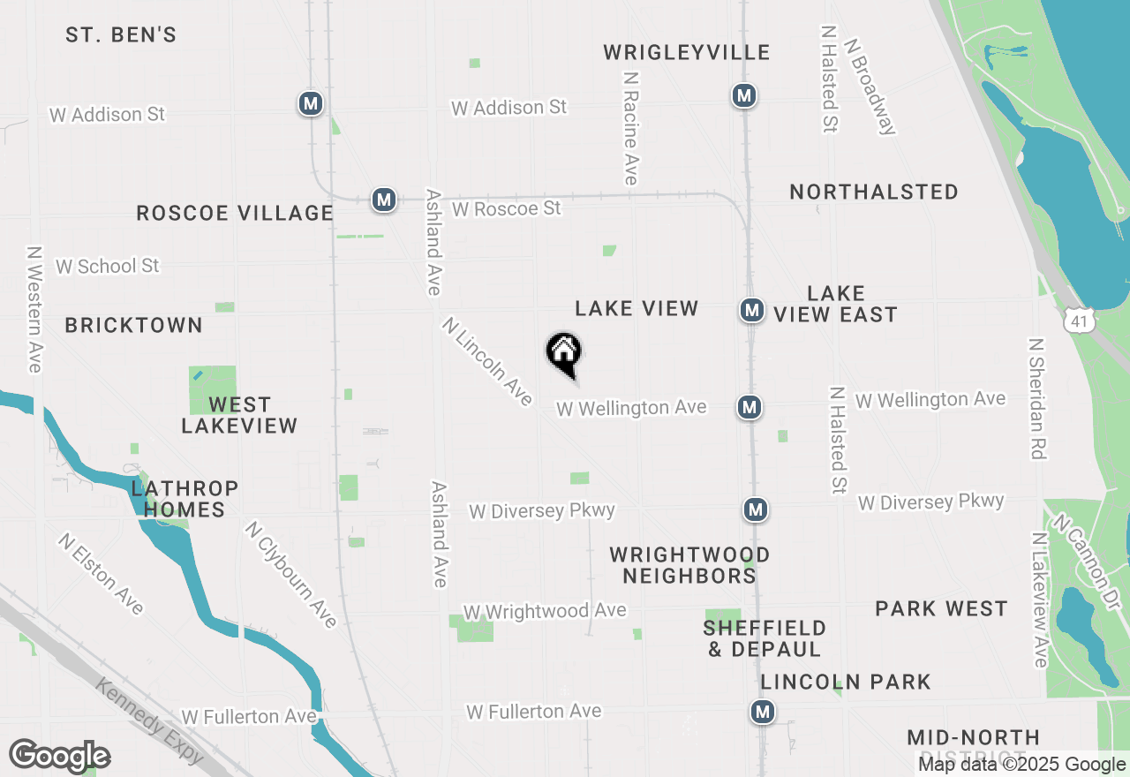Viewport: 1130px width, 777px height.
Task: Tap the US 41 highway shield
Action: [1080, 322]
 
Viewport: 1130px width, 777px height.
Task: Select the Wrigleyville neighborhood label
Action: [687, 53]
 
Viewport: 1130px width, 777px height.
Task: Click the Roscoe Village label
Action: [235, 213]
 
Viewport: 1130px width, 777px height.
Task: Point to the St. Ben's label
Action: [121, 35]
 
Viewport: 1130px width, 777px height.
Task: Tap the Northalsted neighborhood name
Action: [874, 192]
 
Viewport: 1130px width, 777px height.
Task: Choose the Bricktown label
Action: [134, 325]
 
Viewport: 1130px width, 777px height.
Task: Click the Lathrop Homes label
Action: [185, 499]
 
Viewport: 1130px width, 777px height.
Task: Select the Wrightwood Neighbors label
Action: [689, 565]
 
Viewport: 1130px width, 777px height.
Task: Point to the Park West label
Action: [941, 608]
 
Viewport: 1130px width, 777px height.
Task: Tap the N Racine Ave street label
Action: [630, 129]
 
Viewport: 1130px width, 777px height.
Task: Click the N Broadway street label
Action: [870, 86]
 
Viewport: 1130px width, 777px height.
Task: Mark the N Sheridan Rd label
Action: [1037, 398]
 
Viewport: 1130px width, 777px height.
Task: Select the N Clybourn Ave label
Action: [291, 575]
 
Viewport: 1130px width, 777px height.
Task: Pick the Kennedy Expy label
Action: [149, 721]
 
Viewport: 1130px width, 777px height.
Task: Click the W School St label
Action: [108, 266]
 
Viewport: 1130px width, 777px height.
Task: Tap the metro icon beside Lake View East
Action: [751, 310]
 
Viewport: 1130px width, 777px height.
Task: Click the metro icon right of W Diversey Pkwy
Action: [755, 509]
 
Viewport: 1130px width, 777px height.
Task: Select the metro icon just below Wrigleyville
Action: [744, 94]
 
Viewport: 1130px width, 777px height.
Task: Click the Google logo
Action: [60, 757]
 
